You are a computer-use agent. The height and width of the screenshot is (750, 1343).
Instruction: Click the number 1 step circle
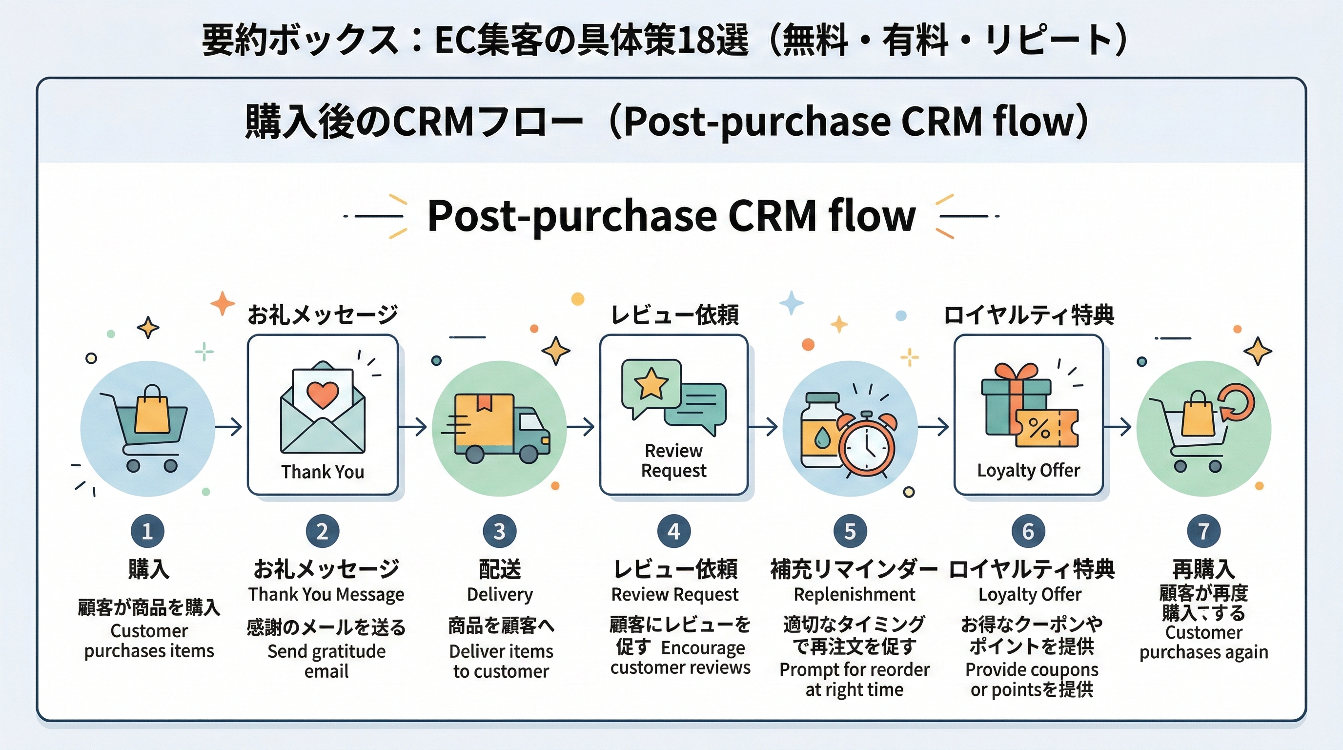pyautogui.click(x=147, y=531)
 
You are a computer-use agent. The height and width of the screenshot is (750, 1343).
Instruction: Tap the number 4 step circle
pyautogui.click(x=674, y=531)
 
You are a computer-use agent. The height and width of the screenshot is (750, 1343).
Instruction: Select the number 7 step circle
pyautogui.click(x=1203, y=531)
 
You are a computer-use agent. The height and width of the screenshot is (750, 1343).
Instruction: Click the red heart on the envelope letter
pyautogui.click(x=322, y=395)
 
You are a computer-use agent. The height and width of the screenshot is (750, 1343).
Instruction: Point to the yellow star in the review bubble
pyautogui.click(x=651, y=384)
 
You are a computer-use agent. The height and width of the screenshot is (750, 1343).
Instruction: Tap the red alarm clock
pyautogui.click(x=867, y=444)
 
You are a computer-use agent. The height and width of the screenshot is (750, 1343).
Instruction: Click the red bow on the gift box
pyautogui.click(x=1015, y=372)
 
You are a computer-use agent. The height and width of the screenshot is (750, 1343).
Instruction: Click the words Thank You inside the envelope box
pyautogui.click(x=322, y=472)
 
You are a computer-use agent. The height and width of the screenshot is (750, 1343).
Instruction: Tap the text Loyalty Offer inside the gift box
pyautogui.click(x=1028, y=470)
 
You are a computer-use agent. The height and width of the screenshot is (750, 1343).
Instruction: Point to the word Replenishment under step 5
pyautogui.click(x=854, y=594)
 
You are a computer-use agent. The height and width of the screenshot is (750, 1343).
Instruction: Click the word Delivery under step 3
pyautogui.click(x=499, y=594)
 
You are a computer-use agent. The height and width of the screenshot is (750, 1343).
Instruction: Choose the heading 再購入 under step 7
pyautogui.click(x=1203, y=568)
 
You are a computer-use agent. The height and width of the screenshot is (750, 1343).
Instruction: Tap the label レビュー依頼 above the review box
pyautogui.click(x=674, y=314)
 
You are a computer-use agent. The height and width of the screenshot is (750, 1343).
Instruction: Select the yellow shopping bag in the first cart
pyautogui.click(x=152, y=411)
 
